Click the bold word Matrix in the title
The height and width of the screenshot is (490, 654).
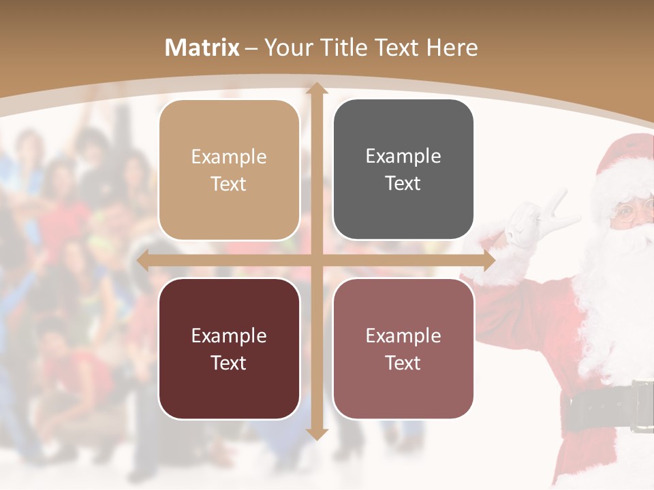tap(202, 48)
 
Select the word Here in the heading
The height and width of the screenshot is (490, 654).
tap(452, 48)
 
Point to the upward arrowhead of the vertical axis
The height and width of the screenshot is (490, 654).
tap(315, 89)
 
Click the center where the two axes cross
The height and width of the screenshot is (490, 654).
tap(315, 260)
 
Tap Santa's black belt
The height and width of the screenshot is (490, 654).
tap(606, 408)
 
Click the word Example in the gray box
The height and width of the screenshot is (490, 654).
tap(403, 157)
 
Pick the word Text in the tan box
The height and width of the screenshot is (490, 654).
tap(229, 184)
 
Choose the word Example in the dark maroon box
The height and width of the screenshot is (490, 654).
tap(229, 336)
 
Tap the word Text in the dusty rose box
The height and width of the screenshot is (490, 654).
tap(403, 363)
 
